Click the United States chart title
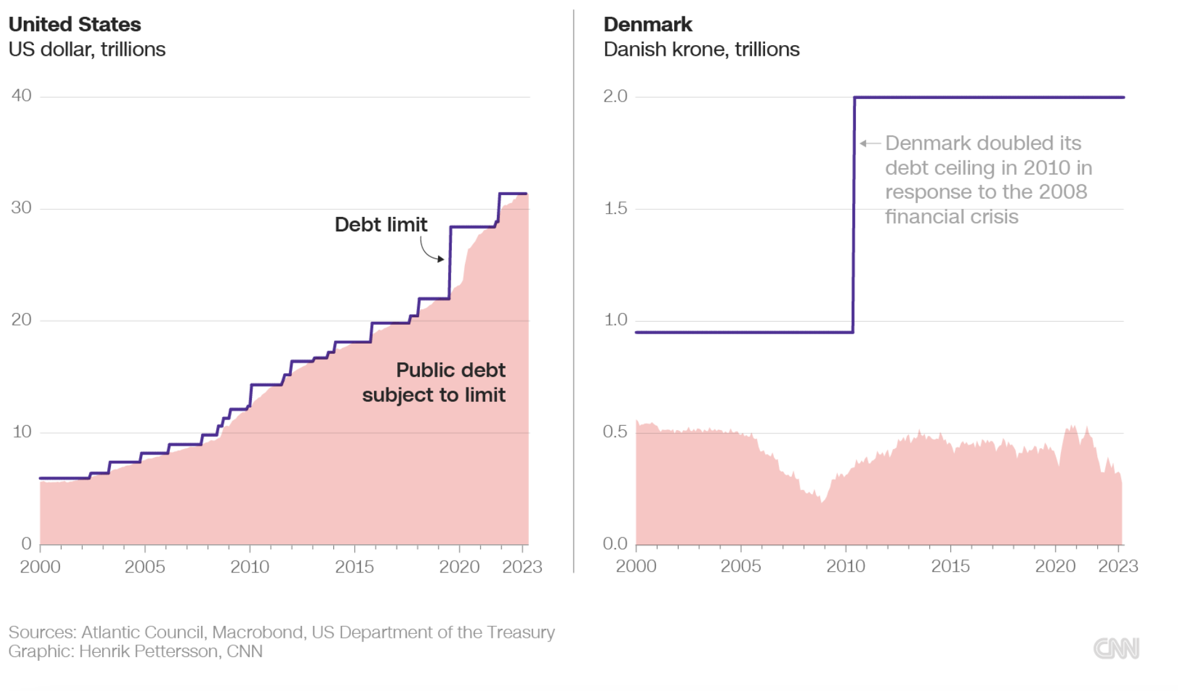click(75, 24)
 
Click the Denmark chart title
click(647, 24)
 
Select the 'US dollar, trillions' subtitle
click(87, 50)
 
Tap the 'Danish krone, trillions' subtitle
click(701, 50)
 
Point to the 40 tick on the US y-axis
click(21, 95)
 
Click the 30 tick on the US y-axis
click(21, 208)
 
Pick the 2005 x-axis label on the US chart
click(145, 567)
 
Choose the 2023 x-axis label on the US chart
click(522, 567)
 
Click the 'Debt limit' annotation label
click(380, 224)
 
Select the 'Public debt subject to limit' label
click(434, 382)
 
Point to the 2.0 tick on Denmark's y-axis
click(615, 96)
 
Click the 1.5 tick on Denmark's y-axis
click(615, 208)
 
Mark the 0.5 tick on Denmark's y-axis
click(615, 431)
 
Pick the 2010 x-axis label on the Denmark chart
click(845, 566)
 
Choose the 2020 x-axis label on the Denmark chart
click(1055, 566)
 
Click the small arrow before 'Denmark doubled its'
click(870, 144)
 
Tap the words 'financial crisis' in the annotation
click(951, 217)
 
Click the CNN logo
click(1116, 648)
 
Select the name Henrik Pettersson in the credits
click(150, 651)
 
